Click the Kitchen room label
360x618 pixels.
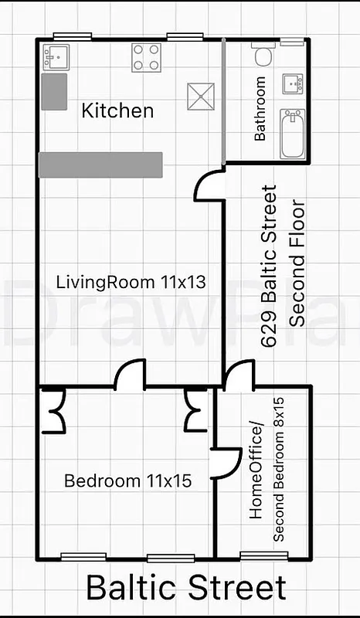click(x=117, y=110)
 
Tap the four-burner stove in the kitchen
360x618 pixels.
click(x=147, y=56)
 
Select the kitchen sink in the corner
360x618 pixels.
click(x=56, y=56)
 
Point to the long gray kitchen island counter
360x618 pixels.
click(x=100, y=165)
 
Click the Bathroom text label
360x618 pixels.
click(x=260, y=108)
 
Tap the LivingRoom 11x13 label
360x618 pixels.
click(x=131, y=282)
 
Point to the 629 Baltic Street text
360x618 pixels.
click(x=268, y=267)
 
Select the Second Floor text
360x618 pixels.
click(x=297, y=264)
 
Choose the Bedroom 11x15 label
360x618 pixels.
click(x=127, y=481)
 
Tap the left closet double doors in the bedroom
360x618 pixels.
click(x=55, y=411)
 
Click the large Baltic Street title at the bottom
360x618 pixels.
click(x=185, y=588)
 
